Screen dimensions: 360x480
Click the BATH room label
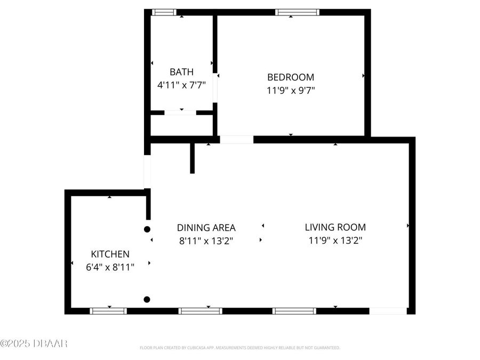click(181, 71)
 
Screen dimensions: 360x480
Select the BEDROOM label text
click(291, 77)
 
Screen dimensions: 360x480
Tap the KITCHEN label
click(110, 254)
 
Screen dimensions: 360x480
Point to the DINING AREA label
click(206, 227)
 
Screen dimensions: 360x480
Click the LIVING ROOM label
click(335, 227)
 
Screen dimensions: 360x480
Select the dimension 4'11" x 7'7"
click(181, 84)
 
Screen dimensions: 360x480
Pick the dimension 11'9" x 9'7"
click(291, 90)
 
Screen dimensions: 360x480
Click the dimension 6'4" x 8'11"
click(110, 267)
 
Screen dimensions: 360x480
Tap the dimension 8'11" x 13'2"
click(206, 241)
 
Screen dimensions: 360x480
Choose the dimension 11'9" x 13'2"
click(335, 241)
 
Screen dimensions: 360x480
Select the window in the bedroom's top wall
click(297, 12)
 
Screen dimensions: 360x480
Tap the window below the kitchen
click(108, 311)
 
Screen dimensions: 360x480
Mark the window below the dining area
click(200, 311)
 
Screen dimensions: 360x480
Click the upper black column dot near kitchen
click(147, 229)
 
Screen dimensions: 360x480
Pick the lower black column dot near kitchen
click(147, 299)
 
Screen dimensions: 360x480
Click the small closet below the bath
click(181, 125)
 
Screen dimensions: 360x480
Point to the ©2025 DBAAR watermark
click(34, 343)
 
